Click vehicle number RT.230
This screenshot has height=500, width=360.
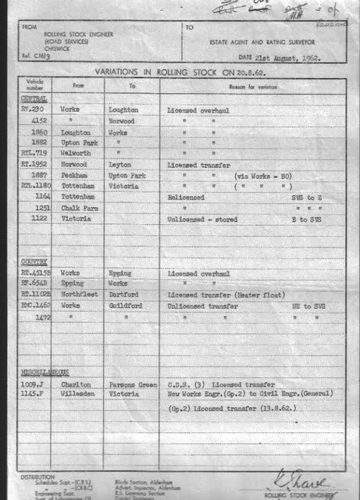(x=34, y=111)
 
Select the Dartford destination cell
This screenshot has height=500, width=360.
(x=123, y=296)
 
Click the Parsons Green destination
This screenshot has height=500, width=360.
(x=129, y=384)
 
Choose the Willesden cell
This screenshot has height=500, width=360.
(x=77, y=395)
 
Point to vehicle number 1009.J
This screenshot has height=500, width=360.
(x=34, y=384)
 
